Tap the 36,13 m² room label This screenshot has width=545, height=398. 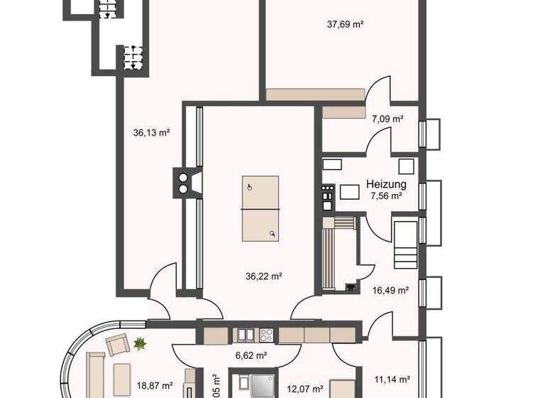point(151,131)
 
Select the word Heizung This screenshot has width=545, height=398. point(386,184)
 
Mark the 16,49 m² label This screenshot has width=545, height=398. point(390,290)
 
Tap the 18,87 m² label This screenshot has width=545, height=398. point(155,386)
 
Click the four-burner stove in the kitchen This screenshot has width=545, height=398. point(268,334)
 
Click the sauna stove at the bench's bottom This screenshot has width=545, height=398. point(351,287)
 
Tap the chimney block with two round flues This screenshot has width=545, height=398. point(184,182)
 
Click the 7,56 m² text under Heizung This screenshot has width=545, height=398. point(386,195)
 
